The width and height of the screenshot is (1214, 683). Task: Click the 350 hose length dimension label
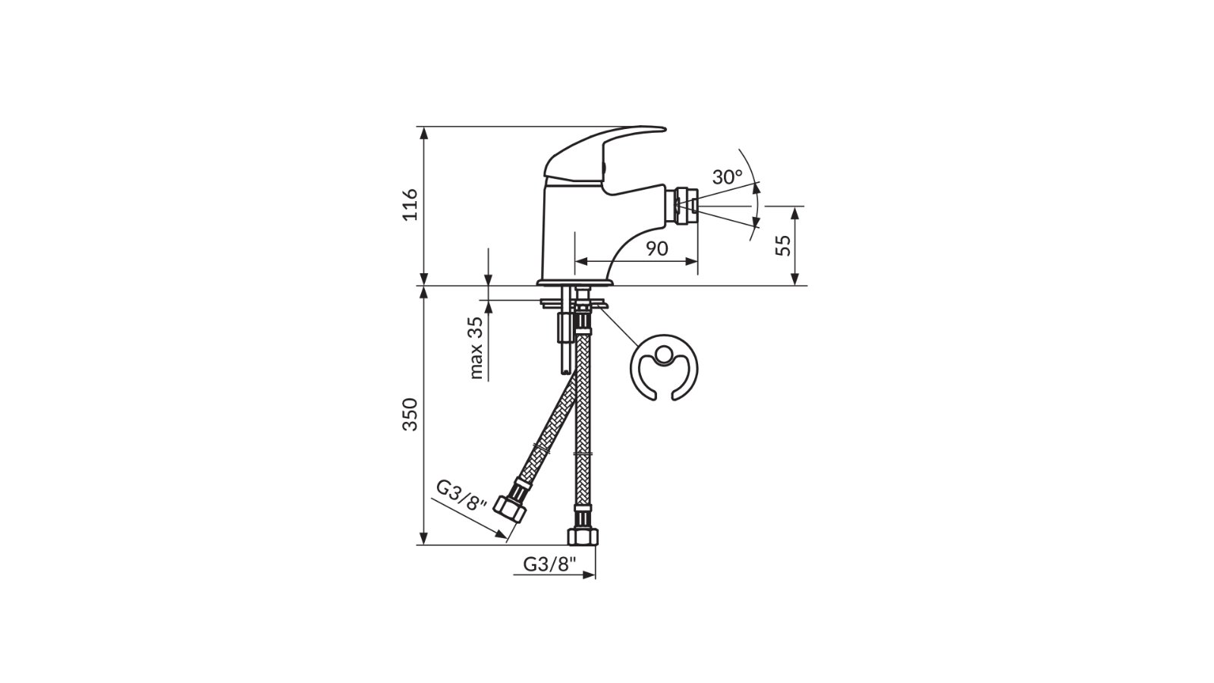click(x=410, y=414)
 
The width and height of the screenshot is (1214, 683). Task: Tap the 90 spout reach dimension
click(x=657, y=248)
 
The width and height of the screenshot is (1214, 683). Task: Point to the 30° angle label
click(x=727, y=178)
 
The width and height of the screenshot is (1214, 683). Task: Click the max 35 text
click(x=476, y=348)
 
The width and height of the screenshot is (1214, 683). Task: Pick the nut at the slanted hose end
click(x=510, y=507)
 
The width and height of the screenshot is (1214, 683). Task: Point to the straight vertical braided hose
click(x=583, y=425)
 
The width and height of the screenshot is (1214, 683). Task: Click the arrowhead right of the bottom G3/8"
click(x=589, y=575)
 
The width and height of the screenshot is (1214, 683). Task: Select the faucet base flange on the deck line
click(x=574, y=283)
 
